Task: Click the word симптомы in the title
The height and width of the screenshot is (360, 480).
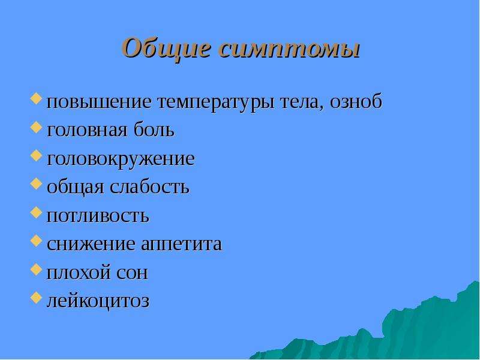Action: [x=289, y=49]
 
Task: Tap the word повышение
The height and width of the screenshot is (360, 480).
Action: [x=99, y=102]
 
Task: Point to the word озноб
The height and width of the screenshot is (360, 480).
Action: [x=356, y=100]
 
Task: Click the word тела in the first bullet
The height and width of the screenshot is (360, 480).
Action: [x=302, y=103]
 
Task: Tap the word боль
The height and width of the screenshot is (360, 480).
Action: [x=154, y=129]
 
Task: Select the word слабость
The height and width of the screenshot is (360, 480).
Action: [x=149, y=186]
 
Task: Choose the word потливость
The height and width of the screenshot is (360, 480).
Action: [x=98, y=216]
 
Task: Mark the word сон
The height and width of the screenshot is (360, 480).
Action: [x=132, y=273]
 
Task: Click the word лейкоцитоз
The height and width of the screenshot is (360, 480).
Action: [x=98, y=301]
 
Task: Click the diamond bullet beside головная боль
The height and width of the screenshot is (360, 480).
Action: [x=36, y=127]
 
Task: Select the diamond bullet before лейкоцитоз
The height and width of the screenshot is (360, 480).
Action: [x=36, y=298]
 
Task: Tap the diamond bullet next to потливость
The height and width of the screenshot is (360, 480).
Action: [x=36, y=212]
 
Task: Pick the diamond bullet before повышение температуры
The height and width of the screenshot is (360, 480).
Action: [x=36, y=99]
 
